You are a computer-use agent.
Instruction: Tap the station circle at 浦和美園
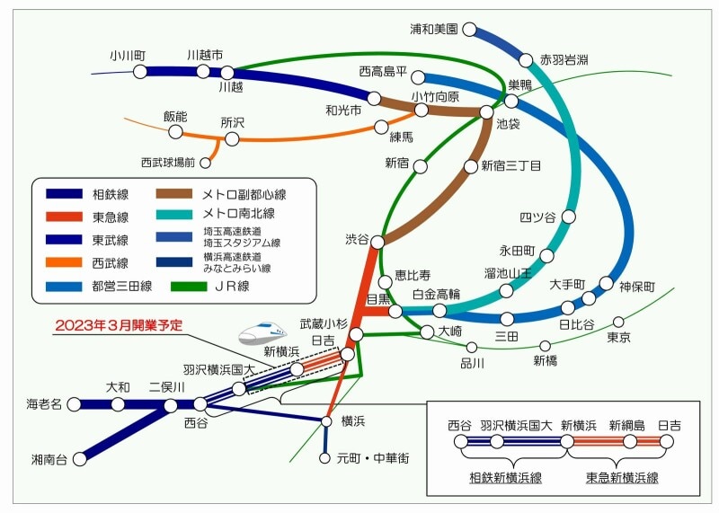(x=469, y=30)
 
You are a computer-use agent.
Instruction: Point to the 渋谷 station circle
(x=379, y=241)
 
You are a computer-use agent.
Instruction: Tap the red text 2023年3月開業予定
(x=118, y=326)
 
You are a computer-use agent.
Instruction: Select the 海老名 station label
(x=44, y=405)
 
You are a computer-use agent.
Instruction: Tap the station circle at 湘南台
(x=80, y=458)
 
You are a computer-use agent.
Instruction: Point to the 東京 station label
(x=618, y=338)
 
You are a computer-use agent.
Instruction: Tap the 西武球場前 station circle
(x=206, y=163)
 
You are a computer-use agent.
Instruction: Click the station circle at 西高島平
(x=417, y=77)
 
